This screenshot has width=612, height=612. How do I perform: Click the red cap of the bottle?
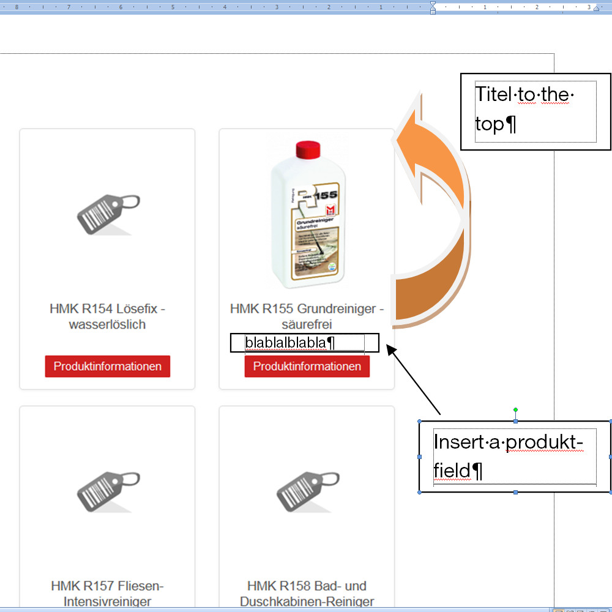[308, 149]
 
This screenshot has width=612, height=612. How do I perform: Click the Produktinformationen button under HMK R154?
[107, 367]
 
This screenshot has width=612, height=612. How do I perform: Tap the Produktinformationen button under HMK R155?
[307, 367]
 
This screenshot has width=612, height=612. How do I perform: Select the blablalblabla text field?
[304, 343]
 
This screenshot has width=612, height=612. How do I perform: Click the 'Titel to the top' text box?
[535, 111]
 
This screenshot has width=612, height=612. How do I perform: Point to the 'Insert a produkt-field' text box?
[515, 457]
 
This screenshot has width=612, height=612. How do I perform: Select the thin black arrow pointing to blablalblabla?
[414, 380]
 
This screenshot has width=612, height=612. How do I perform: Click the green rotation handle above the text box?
[515, 409]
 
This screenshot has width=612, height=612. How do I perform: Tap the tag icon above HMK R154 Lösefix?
[108, 214]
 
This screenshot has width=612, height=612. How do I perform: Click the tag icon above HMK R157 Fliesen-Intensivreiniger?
[108, 491]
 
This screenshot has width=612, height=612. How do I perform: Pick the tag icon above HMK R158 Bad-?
[307, 491]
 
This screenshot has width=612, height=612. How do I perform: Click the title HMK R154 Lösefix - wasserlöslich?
[107, 316]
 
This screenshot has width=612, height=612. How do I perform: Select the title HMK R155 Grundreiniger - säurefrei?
[307, 316]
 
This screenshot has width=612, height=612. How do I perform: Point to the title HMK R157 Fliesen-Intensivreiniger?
[107, 594]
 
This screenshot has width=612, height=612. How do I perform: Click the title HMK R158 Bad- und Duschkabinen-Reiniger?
[307, 594]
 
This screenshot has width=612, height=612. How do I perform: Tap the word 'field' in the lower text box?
[452, 471]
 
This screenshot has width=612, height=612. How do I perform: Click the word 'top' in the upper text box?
[490, 125]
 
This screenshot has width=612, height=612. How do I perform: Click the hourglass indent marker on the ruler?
[433, 8]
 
